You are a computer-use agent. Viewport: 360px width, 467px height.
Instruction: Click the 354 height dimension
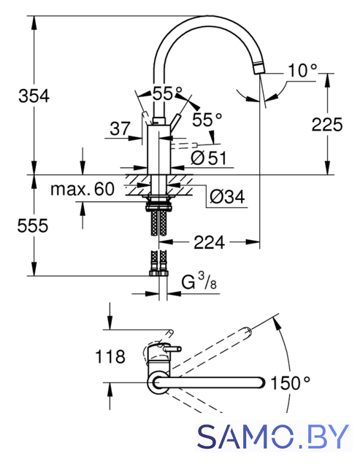pyautogui.click(x=34, y=96)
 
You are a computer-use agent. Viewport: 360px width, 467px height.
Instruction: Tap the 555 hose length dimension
pyautogui.click(x=33, y=225)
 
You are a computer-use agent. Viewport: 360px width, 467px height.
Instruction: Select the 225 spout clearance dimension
pyautogui.click(x=327, y=124)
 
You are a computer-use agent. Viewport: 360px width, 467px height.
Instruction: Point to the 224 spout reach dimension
pyautogui.click(x=209, y=242)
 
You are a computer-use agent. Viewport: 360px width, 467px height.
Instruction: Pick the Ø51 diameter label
pyautogui.click(x=209, y=158)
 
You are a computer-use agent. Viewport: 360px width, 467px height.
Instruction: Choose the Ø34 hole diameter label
pyautogui.click(x=227, y=196)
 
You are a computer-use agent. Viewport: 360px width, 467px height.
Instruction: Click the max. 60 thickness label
pyautogui.click(x=83, y=189)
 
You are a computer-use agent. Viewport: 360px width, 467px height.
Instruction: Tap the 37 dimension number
pyautogui.click(x=120, y=128)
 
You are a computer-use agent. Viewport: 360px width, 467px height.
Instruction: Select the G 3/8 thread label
pyautogui.click(x=199, y=282)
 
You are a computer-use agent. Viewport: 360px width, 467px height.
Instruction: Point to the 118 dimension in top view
pyautogui.click(x=110, y=357)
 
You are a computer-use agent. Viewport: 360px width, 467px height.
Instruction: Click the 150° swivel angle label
pyautogui.click(x=291, y=383)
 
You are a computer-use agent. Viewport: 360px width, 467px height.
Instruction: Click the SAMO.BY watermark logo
pyautogui.click(x=273, y=436)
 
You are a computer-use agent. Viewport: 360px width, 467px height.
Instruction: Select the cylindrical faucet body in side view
pyautogui.click(x=159, y=150)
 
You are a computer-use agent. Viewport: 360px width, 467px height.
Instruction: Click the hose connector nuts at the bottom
pyautogui.click(x=158, y=273)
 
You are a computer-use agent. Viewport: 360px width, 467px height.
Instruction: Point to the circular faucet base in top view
pyautogui.click(x=158, y=382)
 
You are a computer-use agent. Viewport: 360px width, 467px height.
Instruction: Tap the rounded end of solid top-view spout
pyautogui.click(x=261, y=382)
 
